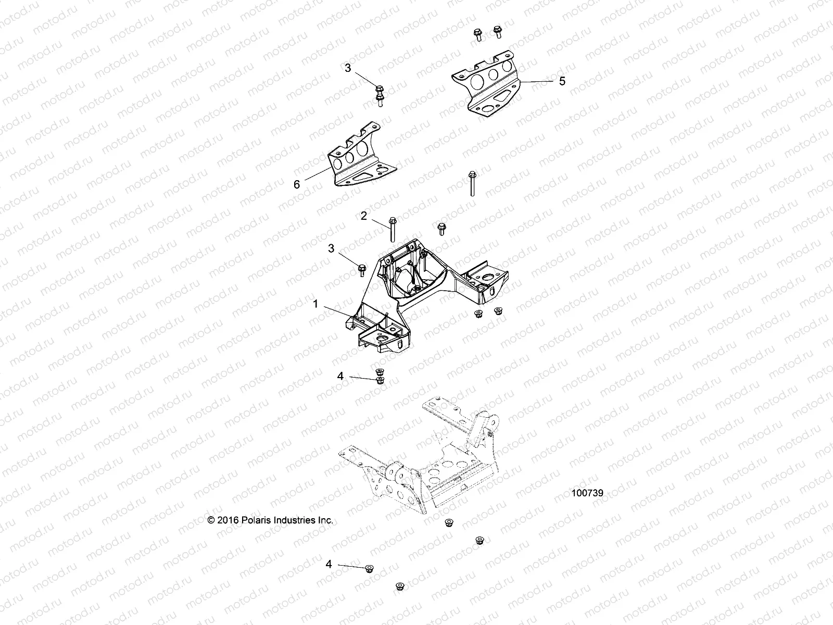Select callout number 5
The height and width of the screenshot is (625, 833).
(562, 81)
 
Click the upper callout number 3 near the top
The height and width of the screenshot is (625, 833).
(348, 68)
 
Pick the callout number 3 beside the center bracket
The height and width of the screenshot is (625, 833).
(331, 248)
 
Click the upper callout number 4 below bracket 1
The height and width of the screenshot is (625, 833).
(340, 376)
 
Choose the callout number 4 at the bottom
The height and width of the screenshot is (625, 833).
(329, 564)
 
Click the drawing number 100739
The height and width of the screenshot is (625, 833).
(587, 493)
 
